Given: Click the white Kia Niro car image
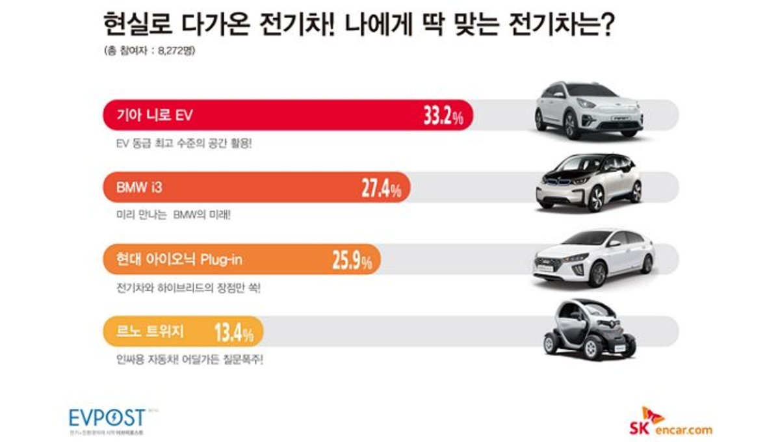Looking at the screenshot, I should tap(588, 110).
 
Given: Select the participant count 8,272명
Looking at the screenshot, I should tap(175, 53).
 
